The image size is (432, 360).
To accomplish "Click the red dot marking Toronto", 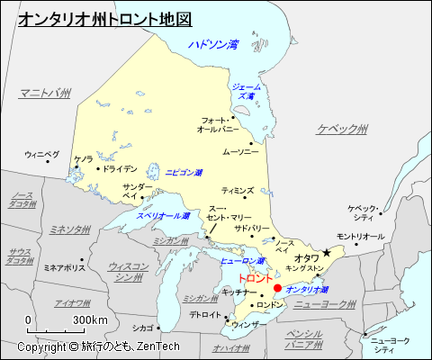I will point(277,288).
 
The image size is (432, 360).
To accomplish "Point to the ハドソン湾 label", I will point(213,44).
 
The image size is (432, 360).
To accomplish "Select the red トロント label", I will point(247,280).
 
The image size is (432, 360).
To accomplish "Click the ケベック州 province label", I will point(342,130).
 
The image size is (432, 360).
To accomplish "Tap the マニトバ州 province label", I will point(45,92).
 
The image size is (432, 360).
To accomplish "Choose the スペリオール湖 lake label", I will point(163,217).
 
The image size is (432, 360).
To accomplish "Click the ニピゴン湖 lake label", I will point(184,171).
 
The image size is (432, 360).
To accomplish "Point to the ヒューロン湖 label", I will point(240,261).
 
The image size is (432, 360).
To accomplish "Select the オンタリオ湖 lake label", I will point(306,290).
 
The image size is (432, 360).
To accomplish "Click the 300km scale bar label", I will point(90,319).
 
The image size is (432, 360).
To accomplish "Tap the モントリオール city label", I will point(360,236).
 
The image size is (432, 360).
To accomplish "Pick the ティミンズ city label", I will point(238,191).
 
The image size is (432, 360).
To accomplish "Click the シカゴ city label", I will point(141,328).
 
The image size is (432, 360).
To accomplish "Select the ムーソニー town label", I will point(240,152).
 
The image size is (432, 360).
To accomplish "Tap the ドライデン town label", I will point(119,168).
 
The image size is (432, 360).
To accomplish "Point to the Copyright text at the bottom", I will point(99,346).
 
